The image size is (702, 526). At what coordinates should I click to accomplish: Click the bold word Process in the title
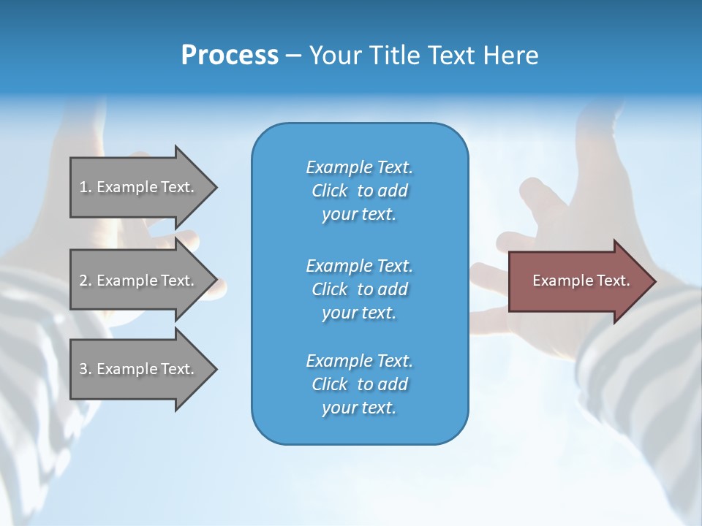[230, 56]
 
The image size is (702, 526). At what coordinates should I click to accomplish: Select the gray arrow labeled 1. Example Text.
[139, 187]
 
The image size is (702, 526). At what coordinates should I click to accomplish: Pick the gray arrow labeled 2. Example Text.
[139, 281]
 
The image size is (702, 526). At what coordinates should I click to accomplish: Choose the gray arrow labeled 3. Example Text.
[139, 369]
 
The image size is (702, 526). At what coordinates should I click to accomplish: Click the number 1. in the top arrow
[86, 187]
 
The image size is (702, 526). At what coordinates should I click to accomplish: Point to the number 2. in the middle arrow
[86, 281]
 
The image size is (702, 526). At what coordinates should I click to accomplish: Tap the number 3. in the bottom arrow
[86, 369]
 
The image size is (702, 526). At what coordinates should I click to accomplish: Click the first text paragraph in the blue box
[359, 191]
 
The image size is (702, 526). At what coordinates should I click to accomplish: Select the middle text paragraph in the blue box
[359, 289]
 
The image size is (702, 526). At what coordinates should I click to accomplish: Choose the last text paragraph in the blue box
[359, 384]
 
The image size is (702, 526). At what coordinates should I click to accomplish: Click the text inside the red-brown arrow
[581, 281]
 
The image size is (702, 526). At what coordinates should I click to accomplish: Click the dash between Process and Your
[293, 56]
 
